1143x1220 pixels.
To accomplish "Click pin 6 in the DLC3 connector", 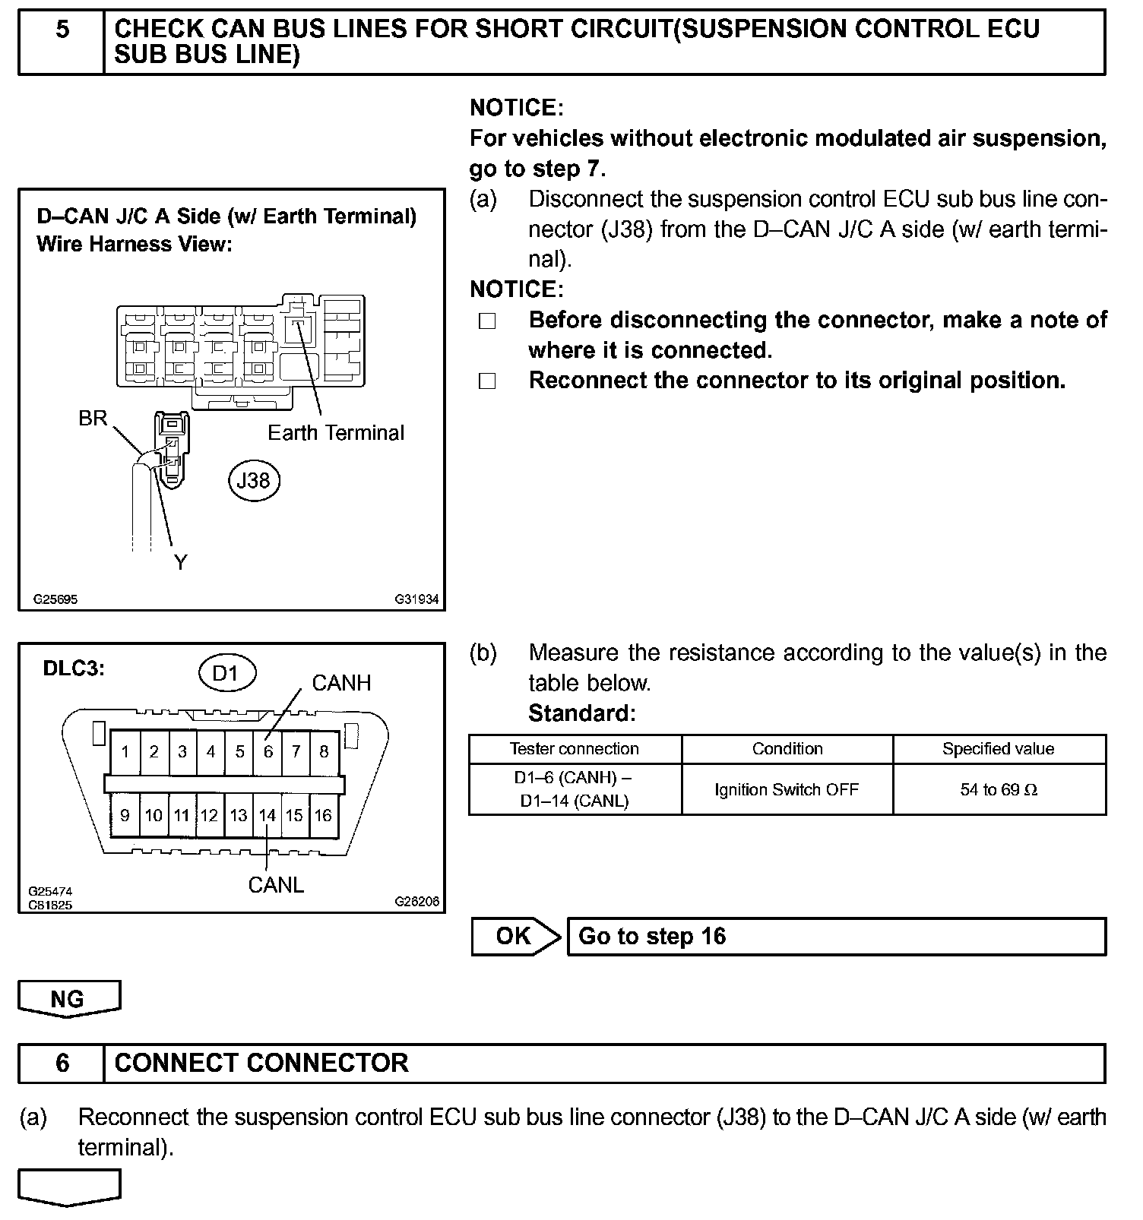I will tap(268, 751).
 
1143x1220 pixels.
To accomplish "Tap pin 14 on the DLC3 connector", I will tap(267, 815).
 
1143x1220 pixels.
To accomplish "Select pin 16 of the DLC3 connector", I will tap(323, 815).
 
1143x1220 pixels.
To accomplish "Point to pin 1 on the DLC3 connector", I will tap(125, 751).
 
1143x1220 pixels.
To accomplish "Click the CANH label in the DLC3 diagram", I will tap(341, 683).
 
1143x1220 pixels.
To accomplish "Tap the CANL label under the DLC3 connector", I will tap(276, 885).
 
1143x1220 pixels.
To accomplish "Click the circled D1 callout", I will tap(226, 673).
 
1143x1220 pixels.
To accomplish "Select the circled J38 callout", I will tap(254, 480).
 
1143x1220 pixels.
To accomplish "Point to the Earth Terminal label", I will tap(336, 433).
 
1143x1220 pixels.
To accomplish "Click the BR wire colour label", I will tap(93, 419).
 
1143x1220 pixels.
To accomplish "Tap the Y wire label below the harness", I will tap(180, 563).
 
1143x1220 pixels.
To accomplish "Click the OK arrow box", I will tap(515, 936).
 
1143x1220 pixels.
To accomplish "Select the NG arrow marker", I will tap(68, 998).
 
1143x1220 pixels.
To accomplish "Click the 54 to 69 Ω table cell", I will tap(999, 789).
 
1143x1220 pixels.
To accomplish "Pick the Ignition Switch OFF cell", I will tap(787, 789).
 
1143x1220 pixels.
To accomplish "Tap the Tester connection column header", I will tap(575, 748).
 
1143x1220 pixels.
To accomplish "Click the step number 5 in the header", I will tap(62, 29).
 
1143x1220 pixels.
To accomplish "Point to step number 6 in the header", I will tap(62, 1062).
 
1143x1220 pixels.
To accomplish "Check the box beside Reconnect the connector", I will tap(487, 381).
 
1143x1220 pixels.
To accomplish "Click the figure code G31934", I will tap(416, 599).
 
